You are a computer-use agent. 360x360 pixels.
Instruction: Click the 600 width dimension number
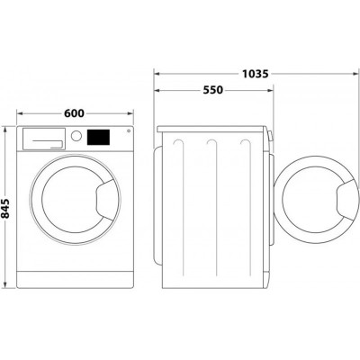[75, 113]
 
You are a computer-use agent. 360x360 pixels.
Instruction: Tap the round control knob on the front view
[77, 137]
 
